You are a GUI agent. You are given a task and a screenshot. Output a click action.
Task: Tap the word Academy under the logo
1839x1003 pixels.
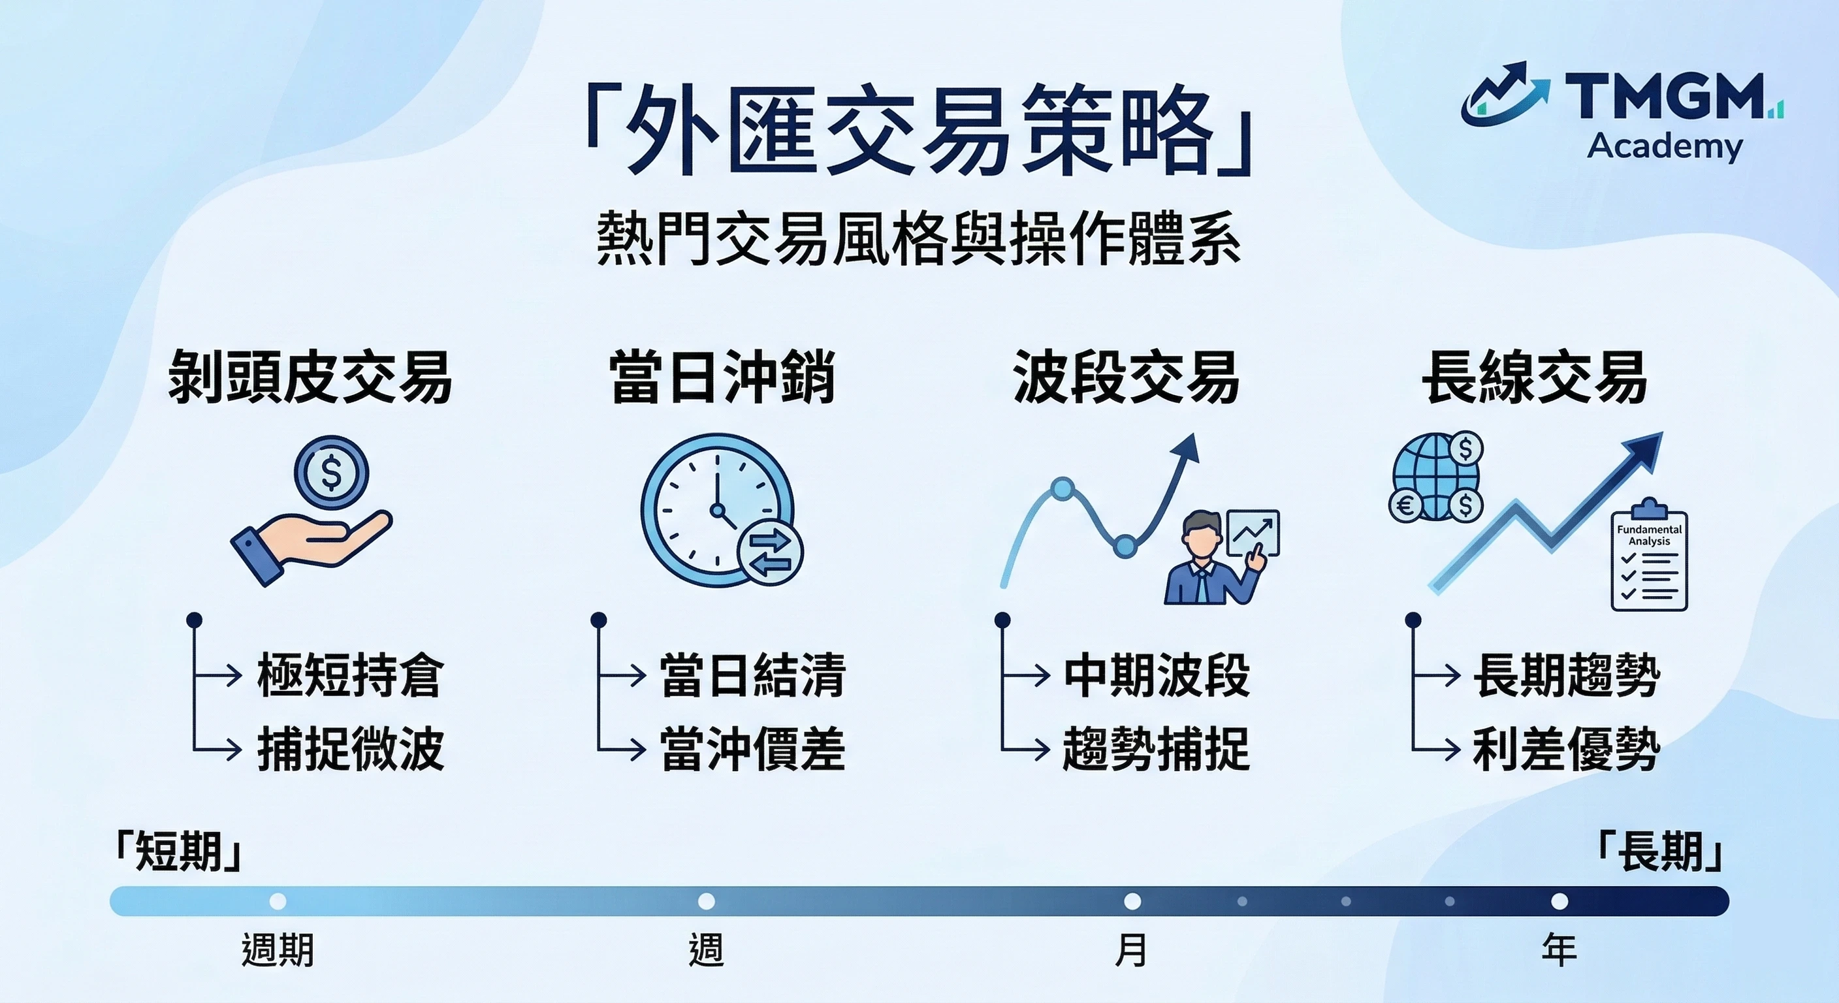1664,146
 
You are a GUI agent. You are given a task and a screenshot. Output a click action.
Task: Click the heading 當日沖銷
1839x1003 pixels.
722,377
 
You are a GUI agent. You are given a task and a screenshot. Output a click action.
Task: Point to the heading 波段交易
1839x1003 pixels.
1126,377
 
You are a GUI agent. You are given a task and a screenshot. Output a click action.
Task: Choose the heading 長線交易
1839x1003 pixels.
1534,377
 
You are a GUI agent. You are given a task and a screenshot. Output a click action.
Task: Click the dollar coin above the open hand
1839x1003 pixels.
331,473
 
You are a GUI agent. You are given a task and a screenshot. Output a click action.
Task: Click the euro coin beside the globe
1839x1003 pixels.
1405,505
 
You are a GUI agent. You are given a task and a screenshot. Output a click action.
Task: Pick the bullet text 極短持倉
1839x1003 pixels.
350,675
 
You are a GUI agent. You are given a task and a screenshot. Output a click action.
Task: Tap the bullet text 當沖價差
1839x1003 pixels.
752,749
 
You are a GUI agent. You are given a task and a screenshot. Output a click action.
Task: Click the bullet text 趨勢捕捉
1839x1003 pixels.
1156,749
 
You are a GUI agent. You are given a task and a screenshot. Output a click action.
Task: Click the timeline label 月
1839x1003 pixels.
1132,950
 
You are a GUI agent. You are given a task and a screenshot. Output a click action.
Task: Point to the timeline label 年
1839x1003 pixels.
1559,950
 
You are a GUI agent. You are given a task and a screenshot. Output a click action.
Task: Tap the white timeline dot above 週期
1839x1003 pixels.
278,901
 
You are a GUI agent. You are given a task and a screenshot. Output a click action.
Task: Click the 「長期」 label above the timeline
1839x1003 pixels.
1661,852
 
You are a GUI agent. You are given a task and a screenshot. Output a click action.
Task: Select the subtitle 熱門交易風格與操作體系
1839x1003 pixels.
919,238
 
